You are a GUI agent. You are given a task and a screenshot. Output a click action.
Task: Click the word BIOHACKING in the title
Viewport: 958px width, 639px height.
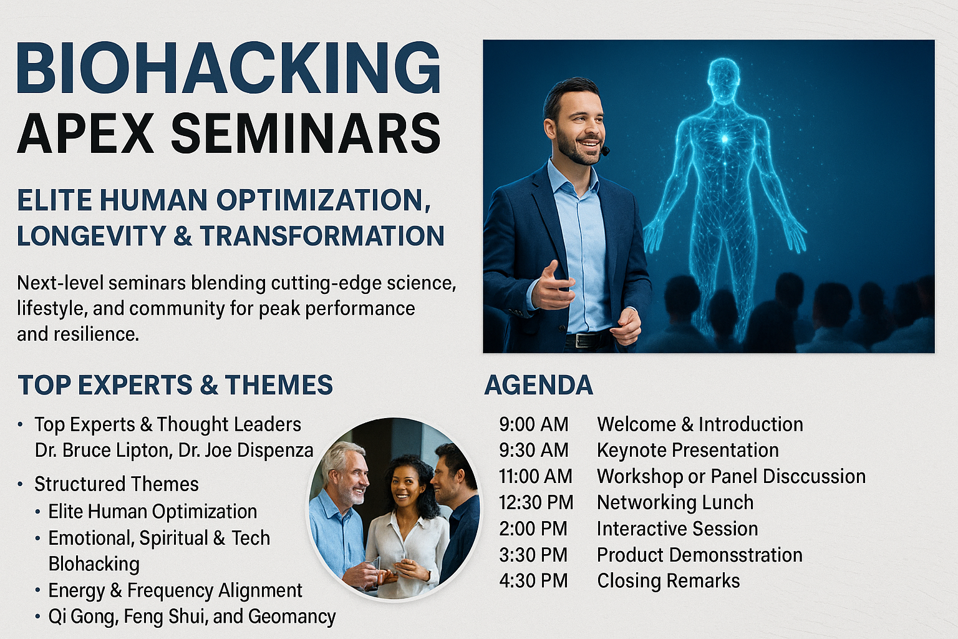(x=229, y=67)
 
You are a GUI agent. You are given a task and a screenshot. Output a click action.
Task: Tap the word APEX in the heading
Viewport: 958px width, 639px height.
(x=85, y=133)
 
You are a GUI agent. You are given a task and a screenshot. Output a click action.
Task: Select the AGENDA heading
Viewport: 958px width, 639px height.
(x=538, y=385)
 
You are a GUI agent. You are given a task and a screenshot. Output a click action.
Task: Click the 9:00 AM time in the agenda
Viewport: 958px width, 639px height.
(x=534, y=424)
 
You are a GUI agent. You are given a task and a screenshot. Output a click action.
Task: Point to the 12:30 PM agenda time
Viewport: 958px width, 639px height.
(x=536, y=502)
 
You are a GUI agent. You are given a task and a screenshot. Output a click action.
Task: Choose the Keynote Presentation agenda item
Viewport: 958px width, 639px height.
(x=688, y=451)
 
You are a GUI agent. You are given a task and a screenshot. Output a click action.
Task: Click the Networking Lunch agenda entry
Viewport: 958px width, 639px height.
(x=675, y=502)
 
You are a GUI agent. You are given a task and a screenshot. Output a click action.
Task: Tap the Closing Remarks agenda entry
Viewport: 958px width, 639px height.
(x=669, y=581)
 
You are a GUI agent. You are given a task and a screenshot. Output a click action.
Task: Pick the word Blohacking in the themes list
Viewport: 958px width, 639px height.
(x=94, y=564)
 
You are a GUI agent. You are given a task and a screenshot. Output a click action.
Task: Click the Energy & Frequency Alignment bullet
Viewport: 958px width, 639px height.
(x=175, y=590)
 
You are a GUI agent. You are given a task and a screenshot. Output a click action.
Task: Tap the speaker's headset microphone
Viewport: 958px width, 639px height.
(x=605, y=150)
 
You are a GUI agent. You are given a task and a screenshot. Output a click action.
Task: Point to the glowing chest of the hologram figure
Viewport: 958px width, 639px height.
(x=725, y=139)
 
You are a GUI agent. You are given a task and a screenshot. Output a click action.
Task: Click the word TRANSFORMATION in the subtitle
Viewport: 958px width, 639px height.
(x=322, y=236)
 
